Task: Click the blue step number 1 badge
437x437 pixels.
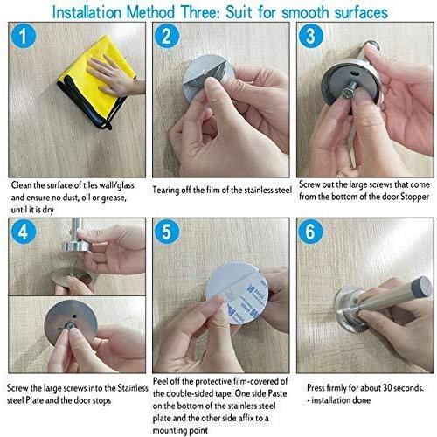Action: (24, 36)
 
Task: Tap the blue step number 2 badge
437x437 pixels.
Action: (166, 36)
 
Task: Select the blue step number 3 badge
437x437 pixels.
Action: (310, 36)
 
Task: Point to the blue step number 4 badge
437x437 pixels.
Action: (24, 232)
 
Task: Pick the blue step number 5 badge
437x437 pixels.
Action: (166, 232)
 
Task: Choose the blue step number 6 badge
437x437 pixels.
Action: (310, 232)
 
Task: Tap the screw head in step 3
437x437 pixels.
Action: (348, 94)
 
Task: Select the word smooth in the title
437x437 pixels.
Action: (306, 13)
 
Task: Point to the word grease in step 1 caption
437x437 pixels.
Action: (113, 198)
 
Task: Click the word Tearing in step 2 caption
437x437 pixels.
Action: (165, 191)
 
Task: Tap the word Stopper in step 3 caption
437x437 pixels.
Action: (415, 197)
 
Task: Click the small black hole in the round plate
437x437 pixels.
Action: (74, 316)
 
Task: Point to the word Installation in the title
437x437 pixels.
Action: (87, 13)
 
